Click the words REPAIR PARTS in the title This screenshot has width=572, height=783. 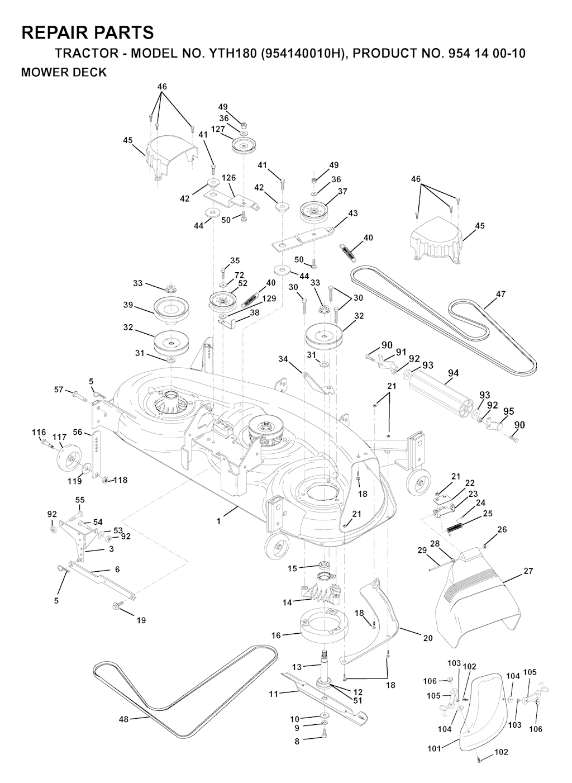(87, 32)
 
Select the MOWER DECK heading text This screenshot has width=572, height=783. (63, 73)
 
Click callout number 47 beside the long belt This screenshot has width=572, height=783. (500, 294)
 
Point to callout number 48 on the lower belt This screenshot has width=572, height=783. (123, 719)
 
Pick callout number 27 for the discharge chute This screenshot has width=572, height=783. (528, 571)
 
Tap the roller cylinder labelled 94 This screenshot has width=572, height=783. (444, 392)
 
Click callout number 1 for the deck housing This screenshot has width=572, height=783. (219, 521)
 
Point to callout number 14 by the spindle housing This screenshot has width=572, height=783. (288, 603)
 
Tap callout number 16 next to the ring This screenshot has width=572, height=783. (276, 635)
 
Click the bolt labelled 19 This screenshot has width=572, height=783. (120, 605)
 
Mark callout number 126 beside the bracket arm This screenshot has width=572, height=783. (228, 178)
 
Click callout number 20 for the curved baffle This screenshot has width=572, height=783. (428, 638)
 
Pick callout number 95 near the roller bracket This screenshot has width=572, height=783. (508, 411)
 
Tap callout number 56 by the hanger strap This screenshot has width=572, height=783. (78, 432)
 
